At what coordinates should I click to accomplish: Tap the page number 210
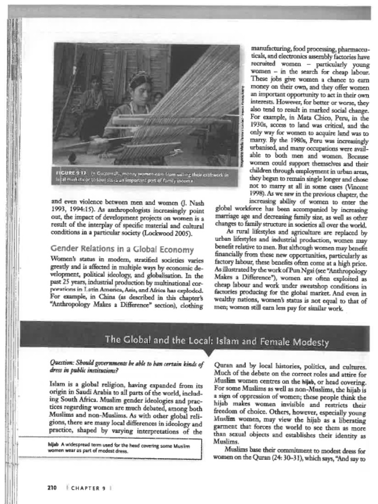tap(52, 488)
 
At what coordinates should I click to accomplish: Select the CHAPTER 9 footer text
tap(89, 488)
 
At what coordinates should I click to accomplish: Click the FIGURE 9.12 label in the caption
tap(71, 174)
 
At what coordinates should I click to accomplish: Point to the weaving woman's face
tap(141, 92)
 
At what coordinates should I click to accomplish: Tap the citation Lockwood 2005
tap(166, 233)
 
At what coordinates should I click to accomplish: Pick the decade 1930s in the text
tap(261, 126)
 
